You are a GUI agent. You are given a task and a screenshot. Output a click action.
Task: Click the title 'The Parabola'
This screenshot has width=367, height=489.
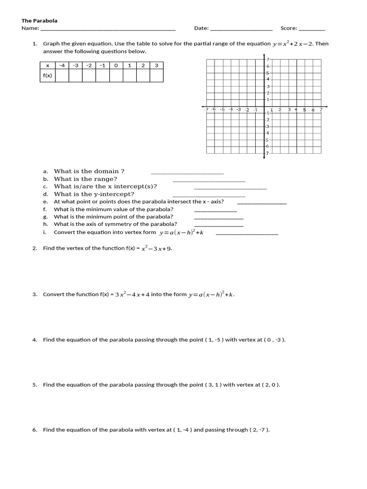click(39, 21)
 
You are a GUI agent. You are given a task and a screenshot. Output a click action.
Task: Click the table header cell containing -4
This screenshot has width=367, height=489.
click(62, 65)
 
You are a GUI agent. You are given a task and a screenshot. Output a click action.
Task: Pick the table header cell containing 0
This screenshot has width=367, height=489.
click(116, 65)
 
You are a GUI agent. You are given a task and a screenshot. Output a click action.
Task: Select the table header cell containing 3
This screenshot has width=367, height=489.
click(156, 65)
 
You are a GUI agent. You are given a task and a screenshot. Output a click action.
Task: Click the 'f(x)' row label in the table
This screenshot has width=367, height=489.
click(47, 75)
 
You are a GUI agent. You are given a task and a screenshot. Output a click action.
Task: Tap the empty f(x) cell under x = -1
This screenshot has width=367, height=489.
click(103, 75)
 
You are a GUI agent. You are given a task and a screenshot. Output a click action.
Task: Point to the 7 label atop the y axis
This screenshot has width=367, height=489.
click(268, 59)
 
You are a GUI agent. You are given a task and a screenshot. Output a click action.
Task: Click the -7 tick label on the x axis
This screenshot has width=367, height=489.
click(206, 109)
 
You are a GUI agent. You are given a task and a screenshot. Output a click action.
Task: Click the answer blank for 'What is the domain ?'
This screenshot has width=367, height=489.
click(187, 173)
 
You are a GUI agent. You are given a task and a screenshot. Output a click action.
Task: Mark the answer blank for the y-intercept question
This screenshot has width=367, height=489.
click(208, 196)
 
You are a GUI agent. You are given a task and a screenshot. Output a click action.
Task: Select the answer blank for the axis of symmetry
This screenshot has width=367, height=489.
click(219, 225)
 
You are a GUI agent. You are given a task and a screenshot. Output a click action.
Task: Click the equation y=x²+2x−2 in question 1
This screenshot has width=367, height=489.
click(293, 44)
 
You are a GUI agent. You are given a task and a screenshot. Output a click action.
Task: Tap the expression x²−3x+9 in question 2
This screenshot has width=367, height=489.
click(153, 248)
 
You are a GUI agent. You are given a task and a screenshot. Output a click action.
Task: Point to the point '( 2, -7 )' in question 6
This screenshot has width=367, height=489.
click(259, 430)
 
